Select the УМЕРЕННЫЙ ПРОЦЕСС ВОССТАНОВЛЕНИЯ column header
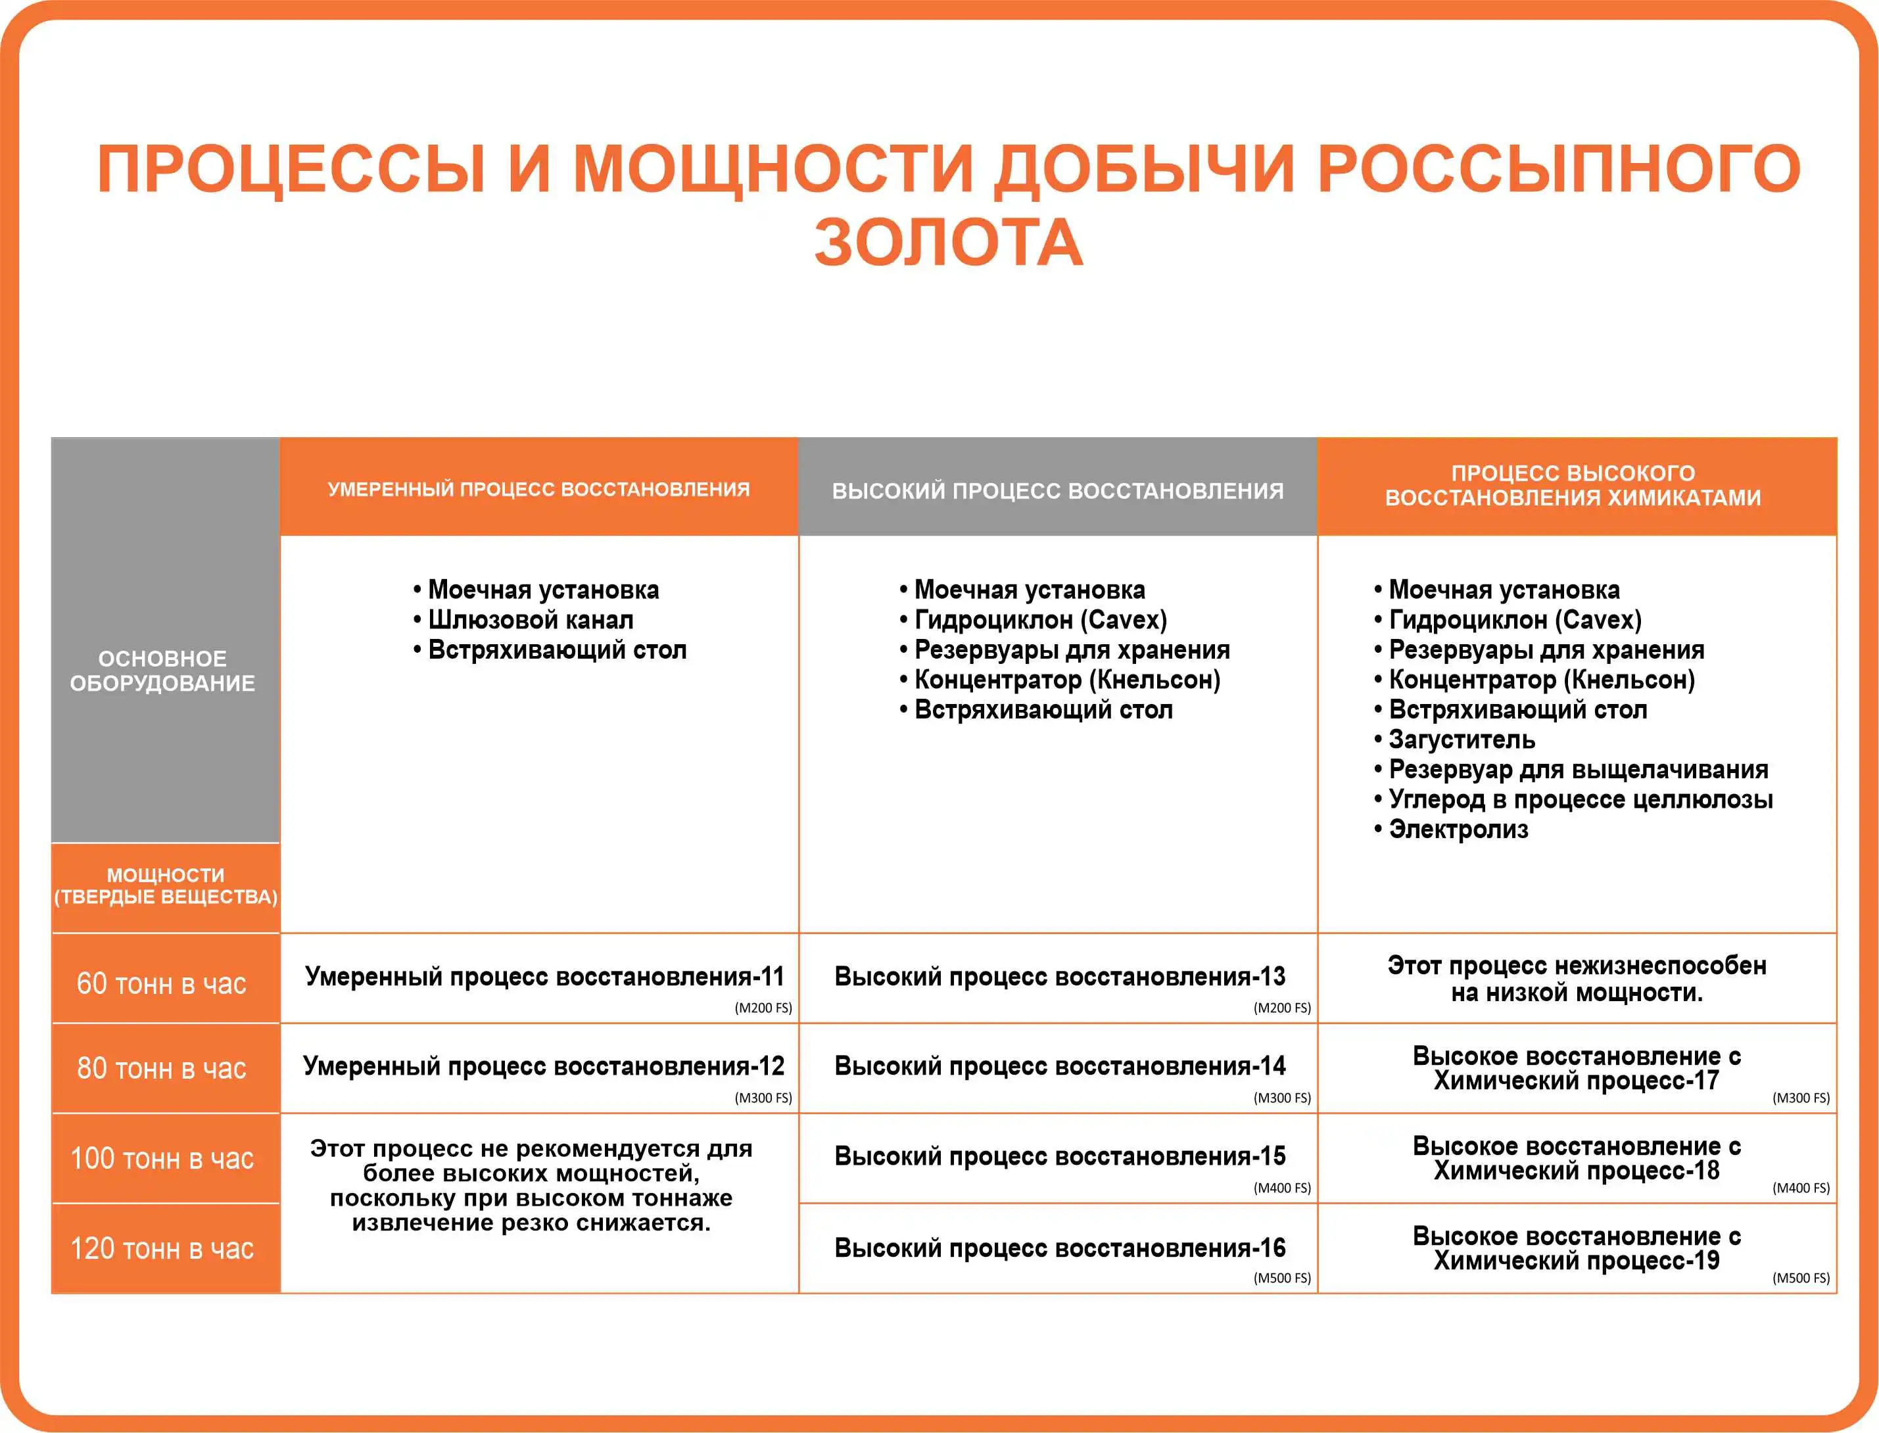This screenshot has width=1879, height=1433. pyautogui.click(x=538, y=490)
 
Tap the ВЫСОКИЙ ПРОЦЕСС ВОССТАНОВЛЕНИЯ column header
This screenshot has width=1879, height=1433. pyautogui.click(x=1058, y=491)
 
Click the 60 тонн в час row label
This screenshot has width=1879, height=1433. pyautogui.click(x=162, y=983)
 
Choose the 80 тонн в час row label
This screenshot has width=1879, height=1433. pyautogui.click(x=162, y=1068)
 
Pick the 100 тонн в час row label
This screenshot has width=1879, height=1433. pyautogui.click(x=162, y=1158)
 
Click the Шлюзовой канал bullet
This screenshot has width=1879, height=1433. pyautogui.click(x=530, y=620)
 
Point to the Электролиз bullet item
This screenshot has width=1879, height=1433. pyautogui.click(x=1458, y=829)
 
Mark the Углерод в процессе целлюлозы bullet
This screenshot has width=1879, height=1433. pyautogui.click(x=1580, y=799)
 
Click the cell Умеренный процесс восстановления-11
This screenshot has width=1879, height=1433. pyautogui.click(x=544, y=975)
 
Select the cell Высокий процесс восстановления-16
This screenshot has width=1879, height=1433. pyautogui.click(x=1059, y=1248)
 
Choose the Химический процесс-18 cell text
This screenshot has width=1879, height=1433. pyautogui.click(x=1576, y=1170)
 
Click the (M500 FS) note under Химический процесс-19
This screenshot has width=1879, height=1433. pyautogui.click(x=1801, y=1278)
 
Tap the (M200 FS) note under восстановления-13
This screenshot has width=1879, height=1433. pyautogui.click(x=1282, y=1007)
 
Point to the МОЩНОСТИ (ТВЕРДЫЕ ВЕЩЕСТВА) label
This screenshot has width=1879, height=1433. pyautogui.click(x=166, y=885)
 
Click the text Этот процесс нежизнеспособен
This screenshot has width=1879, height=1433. pyautogui.click(x=1576, y=966)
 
